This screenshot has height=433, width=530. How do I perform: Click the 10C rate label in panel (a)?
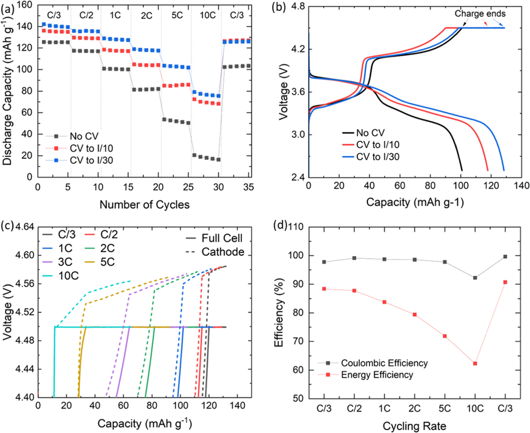pyautogui.click(x=208, y=15)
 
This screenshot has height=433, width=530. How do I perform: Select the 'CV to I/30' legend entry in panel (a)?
pyautogui.click(x=91, y=160)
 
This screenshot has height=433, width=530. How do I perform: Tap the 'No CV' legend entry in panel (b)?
pyautogui.click(x=370, y=133)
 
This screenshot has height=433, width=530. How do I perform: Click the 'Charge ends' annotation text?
pyautogui.click(x=480, y=13)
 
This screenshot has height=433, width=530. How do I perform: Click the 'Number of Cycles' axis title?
pyautogui.click(x=144, y=205)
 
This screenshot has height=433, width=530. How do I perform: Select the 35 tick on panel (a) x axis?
pyautogui.click(x=248, y=187)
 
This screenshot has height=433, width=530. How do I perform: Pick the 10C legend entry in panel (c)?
pyautogui.click(x=68, y=275)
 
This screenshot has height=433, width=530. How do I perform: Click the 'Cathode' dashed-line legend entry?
pyautogui.click(x=223, y=252)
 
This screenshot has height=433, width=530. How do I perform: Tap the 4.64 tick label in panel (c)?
pyautogui.click(x=25, y=227)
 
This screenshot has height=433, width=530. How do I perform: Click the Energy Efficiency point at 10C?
pyautogui.click(x=475, y=364)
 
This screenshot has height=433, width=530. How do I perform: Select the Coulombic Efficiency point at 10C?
pyautogui.click(x=475, y=278)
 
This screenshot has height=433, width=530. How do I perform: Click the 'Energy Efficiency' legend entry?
pyautogui.click(x=377, y=375)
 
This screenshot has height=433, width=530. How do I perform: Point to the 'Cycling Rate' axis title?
pyautogui.click(x=414, y=426)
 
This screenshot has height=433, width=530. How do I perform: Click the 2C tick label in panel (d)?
pyautogui.click(x=414, y=408)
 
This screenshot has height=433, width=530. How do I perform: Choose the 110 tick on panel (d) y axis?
pyautogui.click(x=296, y=227)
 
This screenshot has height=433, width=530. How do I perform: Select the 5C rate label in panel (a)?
pyautogui.click(x=177, y=15)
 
